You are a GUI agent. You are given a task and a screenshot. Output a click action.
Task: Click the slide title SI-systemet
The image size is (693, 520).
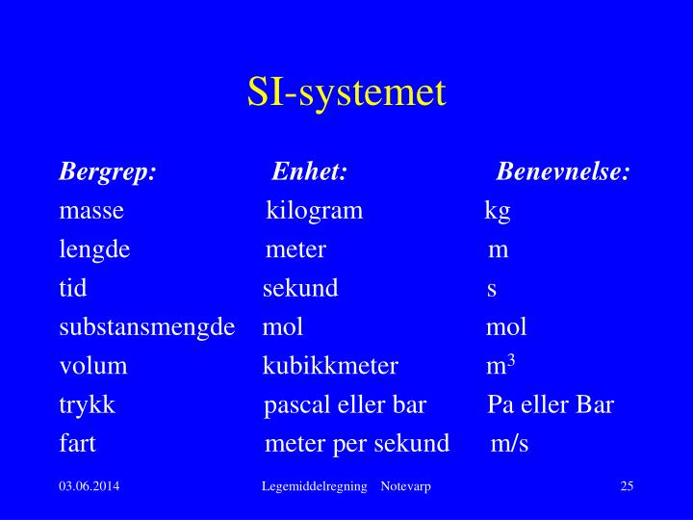point(346,92)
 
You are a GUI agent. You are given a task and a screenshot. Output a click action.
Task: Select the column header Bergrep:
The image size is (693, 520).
point(107,172)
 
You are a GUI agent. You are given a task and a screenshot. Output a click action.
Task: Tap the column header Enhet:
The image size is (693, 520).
point(309,172)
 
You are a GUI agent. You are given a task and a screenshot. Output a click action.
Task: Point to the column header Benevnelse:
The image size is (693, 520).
point(563,172)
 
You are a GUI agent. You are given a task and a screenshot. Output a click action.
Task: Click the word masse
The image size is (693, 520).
point(91,211)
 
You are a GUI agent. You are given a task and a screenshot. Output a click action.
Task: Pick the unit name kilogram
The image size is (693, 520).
point(315,211)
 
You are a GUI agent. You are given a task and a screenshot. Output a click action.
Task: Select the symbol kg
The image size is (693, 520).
point(498,211)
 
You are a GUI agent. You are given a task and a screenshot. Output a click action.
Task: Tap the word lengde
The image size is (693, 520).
point(94,250)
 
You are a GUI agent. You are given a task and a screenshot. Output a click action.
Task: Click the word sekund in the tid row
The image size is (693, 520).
point(300,289)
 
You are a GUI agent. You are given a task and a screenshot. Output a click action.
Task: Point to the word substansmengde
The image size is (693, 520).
point(147,327)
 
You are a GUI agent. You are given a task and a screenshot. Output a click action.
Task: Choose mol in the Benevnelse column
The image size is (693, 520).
point(506,327)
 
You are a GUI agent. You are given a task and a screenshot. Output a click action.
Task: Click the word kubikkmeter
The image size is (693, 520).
point(330,366)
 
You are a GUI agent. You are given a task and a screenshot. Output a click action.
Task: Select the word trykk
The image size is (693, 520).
point(87,404)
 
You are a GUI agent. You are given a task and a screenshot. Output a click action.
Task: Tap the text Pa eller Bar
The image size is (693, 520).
point(551,404)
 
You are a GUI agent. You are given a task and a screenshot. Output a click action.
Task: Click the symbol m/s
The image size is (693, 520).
point(509,444)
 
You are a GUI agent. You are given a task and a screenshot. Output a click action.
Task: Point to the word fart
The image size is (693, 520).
point(77,444)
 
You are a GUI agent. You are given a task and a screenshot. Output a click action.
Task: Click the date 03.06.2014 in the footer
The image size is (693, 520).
point(89,487)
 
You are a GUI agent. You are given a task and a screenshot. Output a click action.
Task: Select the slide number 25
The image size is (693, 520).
point(627,487)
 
